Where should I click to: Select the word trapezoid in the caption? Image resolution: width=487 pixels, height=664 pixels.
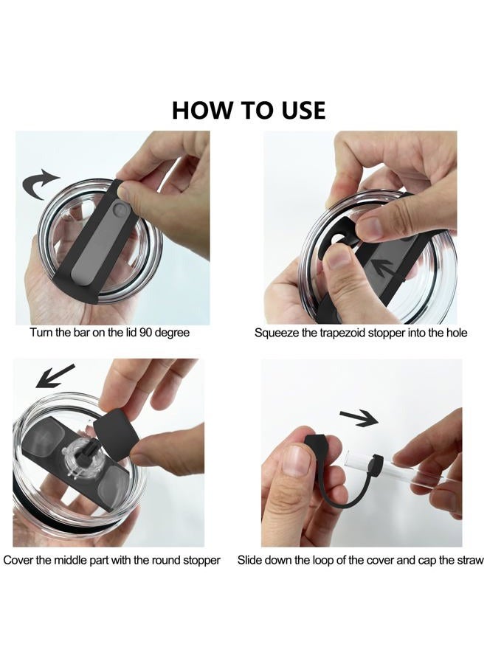[x=342, y=333]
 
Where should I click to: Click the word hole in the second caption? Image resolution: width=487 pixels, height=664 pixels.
[x=456, y=333]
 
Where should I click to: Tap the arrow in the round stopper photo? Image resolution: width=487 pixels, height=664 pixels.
[x=55, y=376]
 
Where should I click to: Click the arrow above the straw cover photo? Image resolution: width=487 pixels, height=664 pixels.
[x=359, y=418]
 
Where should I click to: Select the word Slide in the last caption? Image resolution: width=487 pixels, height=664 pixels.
[x=249, y=560]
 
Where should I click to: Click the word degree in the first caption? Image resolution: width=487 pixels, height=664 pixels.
[x=172, y=333]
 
